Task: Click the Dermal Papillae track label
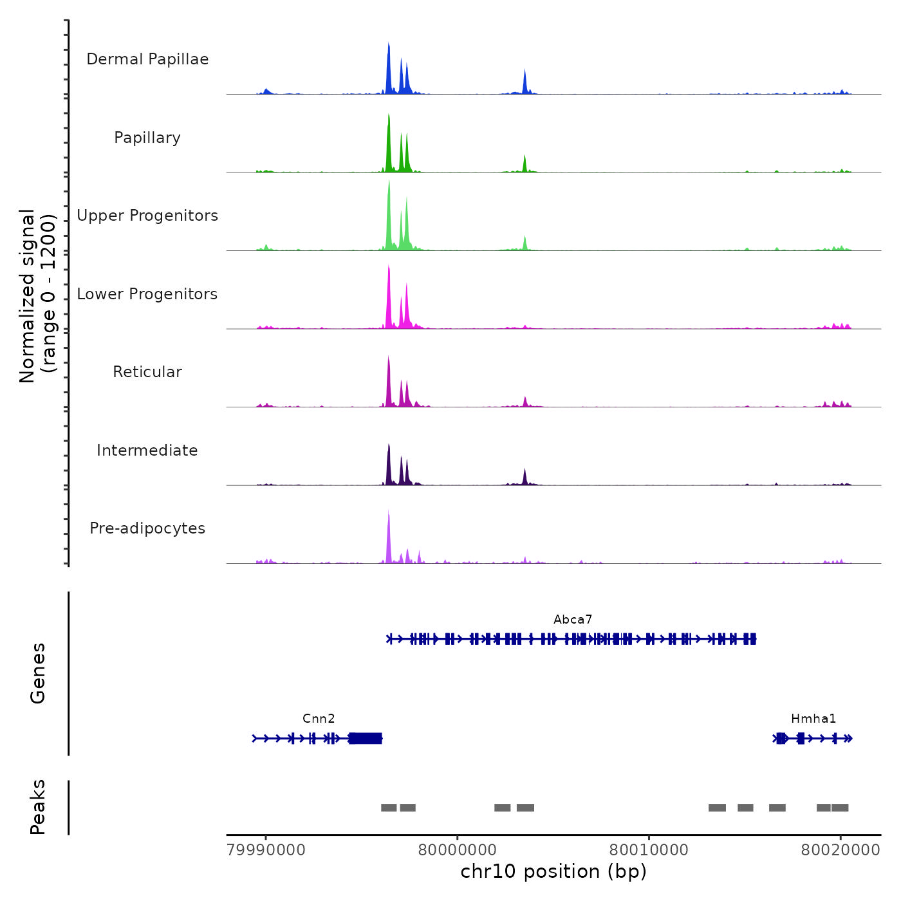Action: [147, 59]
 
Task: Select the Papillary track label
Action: [147, 138]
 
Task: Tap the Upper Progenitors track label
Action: [147, 216]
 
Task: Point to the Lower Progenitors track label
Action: [147, 294]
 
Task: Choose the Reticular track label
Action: [147, 372]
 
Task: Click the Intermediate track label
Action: [147, 450]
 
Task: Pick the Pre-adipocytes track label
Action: [147, 528]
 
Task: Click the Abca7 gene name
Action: [573, 620]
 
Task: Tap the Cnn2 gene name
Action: [319, 719]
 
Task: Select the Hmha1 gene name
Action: [813, 719]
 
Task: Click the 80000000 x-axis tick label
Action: [457, 850]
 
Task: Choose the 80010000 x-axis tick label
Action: [649, 850]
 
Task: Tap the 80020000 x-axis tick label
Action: [840, 850]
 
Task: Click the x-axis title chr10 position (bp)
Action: [553, 871]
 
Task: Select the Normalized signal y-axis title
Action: [37, 296]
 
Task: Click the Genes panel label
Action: [38, 673]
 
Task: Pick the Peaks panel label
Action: [38, 807]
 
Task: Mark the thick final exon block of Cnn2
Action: [366, 738]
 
